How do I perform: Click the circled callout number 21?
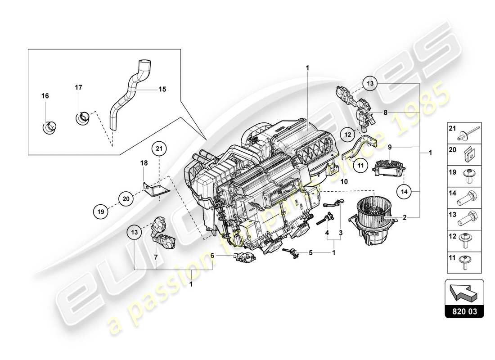[x=158, y=148]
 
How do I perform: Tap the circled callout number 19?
[x=102, y=210]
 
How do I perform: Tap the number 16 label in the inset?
[x=45, y=96]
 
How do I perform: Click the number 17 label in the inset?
[x=78, y=87]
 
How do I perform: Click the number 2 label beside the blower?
[x=405, y=218]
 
